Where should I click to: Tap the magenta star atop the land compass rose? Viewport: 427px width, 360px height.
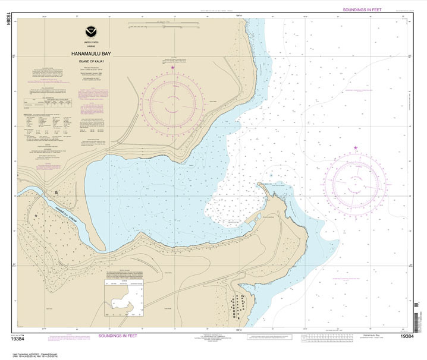point(172,67)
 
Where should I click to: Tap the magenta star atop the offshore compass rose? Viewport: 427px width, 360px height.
point(356,147)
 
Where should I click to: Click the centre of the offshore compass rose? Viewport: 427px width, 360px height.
point(356,181)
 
